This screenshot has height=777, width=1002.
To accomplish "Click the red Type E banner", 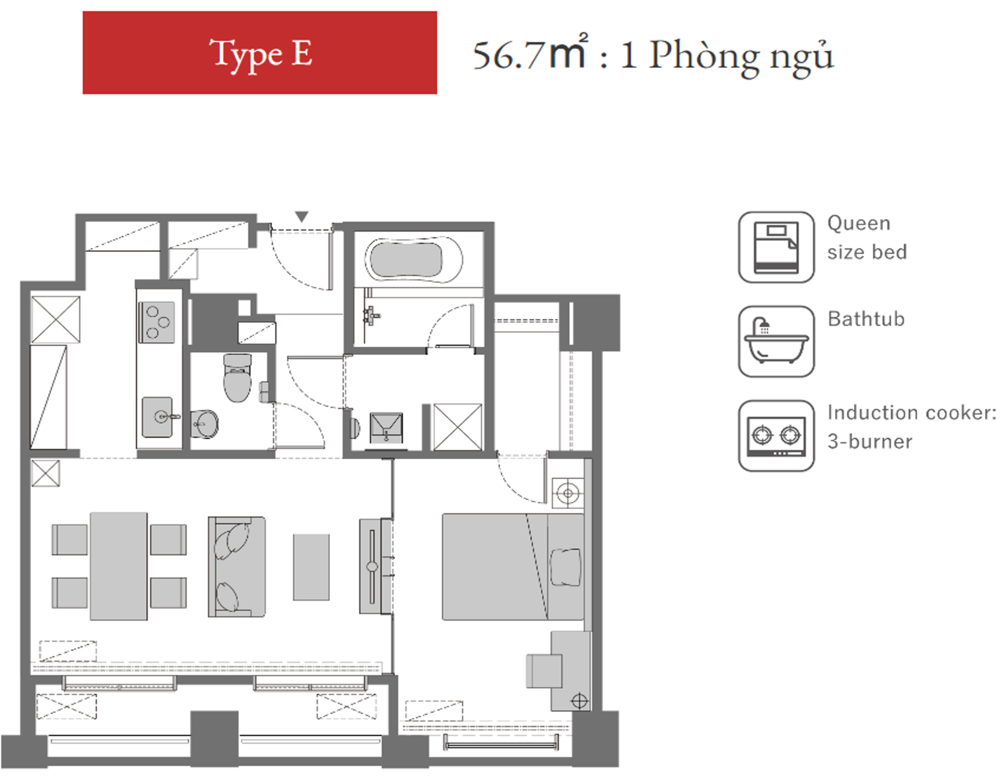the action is click(260, 52).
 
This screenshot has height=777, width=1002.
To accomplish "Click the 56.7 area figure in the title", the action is click(508, 56).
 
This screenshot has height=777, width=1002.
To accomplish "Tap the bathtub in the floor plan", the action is click(413, 260).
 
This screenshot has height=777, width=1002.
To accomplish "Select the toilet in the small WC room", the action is click(238, 378).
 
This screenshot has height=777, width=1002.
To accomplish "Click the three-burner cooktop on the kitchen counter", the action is click(157, 322).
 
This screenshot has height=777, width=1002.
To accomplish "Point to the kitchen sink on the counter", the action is click(158, 417).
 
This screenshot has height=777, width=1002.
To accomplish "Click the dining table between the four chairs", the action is click(119, 566).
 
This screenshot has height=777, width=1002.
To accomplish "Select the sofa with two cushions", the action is click(237, 566).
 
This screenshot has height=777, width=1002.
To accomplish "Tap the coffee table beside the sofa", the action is click(311, 567).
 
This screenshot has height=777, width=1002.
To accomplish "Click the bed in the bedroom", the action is click(513, 567).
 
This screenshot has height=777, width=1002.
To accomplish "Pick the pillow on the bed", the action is click(566, 567).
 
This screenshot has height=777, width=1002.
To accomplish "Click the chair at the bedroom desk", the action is click(544, 671).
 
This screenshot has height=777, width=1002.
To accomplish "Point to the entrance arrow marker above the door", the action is click(302, 216).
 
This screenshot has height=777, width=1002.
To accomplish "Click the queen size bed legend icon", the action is click(776, 247).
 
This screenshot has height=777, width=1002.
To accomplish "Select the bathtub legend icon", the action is click(776, 341).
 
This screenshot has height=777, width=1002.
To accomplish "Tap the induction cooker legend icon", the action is click(776, 436).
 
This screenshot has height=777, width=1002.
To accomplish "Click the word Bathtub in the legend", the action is click(866, 319).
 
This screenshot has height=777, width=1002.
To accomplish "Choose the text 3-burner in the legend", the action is click(870, 441).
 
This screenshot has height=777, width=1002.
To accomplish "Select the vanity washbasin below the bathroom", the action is click(386, 426).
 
